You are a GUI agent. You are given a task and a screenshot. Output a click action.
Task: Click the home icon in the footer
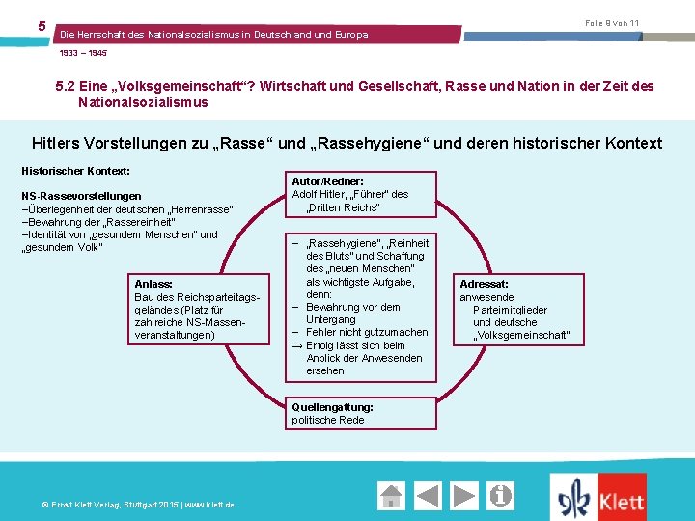[392, 496]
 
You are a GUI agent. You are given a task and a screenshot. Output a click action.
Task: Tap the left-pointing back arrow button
[429, 496]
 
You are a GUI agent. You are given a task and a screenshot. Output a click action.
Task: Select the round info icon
[500, 496]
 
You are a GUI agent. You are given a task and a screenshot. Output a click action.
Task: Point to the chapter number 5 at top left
[42, 25]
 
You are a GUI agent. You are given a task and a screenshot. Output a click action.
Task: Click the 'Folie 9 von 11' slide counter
[612, 22]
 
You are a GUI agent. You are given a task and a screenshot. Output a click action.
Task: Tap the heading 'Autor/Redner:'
[327, 181]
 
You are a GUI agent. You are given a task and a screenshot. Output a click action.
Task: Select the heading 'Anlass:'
[153, 284]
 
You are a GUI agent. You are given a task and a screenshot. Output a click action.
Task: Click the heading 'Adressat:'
[484, 285]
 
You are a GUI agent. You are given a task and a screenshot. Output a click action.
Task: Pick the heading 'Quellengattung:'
[332, 407]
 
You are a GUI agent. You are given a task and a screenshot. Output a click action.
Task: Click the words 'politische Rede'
[328, 420]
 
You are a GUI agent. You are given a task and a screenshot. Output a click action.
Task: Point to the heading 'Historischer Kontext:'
[75, 171]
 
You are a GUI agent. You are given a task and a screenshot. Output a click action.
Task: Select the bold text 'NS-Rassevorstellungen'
[81, 196]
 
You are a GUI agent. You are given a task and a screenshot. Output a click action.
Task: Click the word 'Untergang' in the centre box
[331, 319]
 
